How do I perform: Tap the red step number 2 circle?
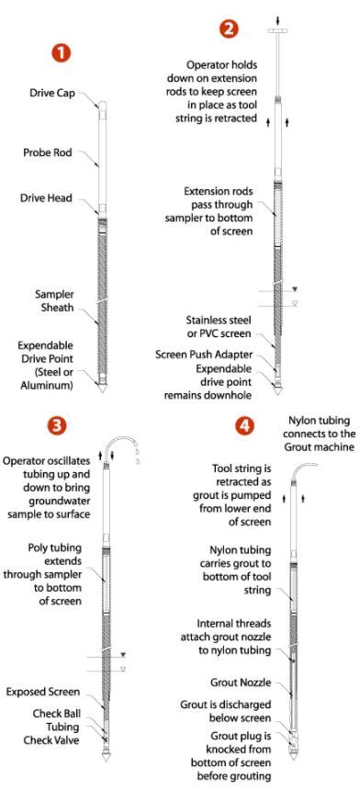228,29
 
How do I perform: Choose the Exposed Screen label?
40,691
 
